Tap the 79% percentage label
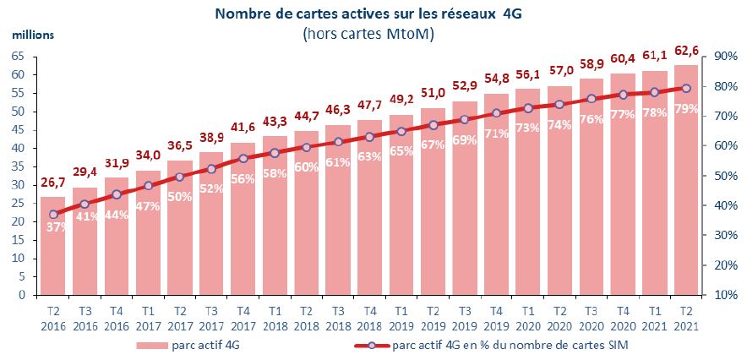(x=687, y=107)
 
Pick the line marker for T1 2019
(x=401, y=131)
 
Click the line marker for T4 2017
(x=243, y=158)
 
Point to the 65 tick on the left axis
(x=18, y=56)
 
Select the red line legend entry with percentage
(x=499, y=346)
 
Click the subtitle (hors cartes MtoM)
(x=369, y=33)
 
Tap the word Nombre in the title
(x=242, y=14)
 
